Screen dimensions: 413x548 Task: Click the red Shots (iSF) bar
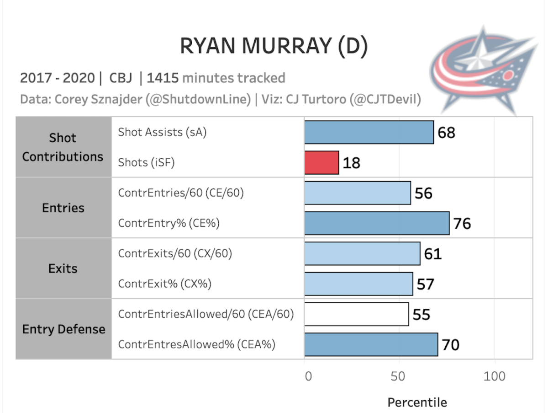(x=321, y=162)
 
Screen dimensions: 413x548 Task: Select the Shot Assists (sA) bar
(x=369, y=132)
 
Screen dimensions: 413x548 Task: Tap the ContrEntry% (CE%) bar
(x=377, y=223)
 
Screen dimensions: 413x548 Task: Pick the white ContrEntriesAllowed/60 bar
(x=356, y=314)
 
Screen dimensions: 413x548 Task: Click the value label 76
(x=462, y=224)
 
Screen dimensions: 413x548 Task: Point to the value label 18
(x=351, y=163)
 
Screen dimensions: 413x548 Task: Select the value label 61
(x=432, y=253)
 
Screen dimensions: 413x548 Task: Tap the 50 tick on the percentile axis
(x=398, y=376)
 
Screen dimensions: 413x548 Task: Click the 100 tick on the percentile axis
(x=495, y=376)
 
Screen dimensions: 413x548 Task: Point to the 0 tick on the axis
(x=308, y=376)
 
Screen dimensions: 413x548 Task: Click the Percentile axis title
(x=417, y=402)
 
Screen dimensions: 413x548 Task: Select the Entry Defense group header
(x=63, y=329)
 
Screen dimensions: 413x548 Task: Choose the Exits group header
(x=63, y=268)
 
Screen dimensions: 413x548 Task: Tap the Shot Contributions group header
(x=63, y=147)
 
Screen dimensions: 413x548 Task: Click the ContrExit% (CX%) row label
(x=164, y=284)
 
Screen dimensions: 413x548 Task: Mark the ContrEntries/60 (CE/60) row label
(x=181, y=193)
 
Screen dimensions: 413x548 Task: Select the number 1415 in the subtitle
(x=163, y=78)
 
